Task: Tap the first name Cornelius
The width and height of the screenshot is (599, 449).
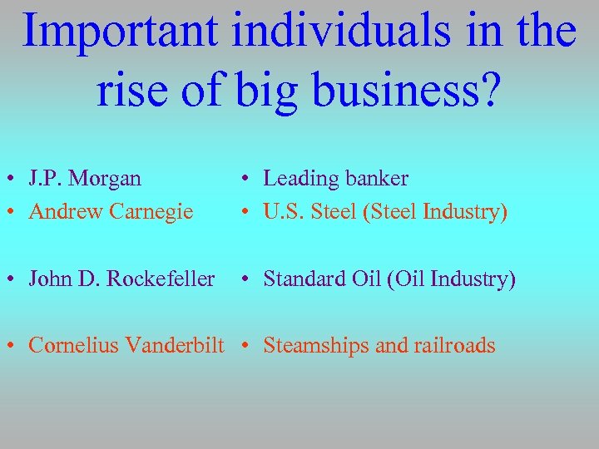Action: click(x=69, y=345)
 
